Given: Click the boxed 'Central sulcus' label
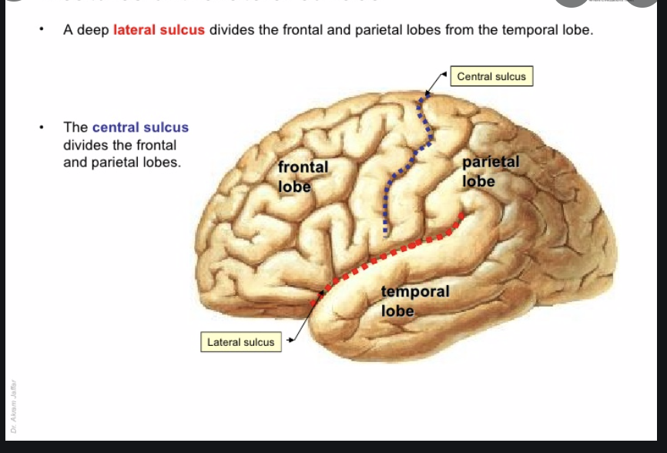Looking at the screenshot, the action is (x=491, y=76).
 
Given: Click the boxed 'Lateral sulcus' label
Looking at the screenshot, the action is (x=240, y=342).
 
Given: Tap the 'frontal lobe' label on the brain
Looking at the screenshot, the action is (x=303, y=176).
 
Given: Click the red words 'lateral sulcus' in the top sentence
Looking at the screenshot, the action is (x=159, y=32).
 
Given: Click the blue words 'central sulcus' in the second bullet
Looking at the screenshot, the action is (x=140, y=127).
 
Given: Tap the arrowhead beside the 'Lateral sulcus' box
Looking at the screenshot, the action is (x=290, y=337).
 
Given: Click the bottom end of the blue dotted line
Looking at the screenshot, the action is (x=386, y=230).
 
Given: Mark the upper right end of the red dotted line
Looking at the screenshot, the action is (x=462, y=213).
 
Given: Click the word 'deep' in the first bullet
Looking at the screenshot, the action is (x=93, y=32).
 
